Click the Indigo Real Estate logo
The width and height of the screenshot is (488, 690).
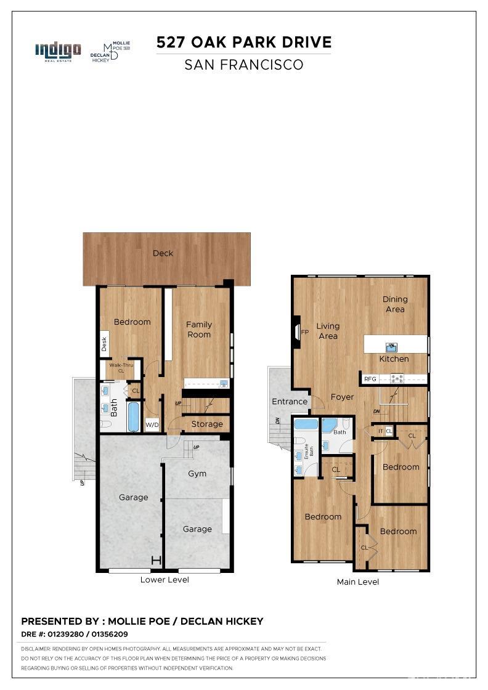tap(58, 51)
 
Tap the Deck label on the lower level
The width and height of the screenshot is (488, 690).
tap(163, 253)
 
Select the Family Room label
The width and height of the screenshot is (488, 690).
tap(199, 330)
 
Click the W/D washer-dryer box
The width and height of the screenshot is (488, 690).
tap(152, 425)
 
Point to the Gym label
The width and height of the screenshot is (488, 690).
tap(197, 474)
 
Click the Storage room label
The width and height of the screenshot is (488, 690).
tap(207, 424)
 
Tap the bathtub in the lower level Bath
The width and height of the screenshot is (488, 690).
tap(134, 416)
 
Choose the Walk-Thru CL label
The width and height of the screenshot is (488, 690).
tap(121, 368)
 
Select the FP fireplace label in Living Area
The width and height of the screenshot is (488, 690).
tap(304, 332)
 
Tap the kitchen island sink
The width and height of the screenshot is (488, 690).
tap(391, 347)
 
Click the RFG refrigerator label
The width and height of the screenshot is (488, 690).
tap(370, 379)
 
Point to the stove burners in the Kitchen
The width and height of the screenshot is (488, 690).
tap(397, 378)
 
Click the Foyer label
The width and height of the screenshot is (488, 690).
tap(342, 397)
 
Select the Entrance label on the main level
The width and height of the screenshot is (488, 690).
tap(290, 402)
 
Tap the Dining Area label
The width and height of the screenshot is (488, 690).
tap(395, 304)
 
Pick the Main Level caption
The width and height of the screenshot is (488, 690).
tap(358, 582)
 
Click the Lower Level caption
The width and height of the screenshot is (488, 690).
tap(165, 580)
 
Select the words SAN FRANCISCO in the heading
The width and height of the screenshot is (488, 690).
tap(244, 65)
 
